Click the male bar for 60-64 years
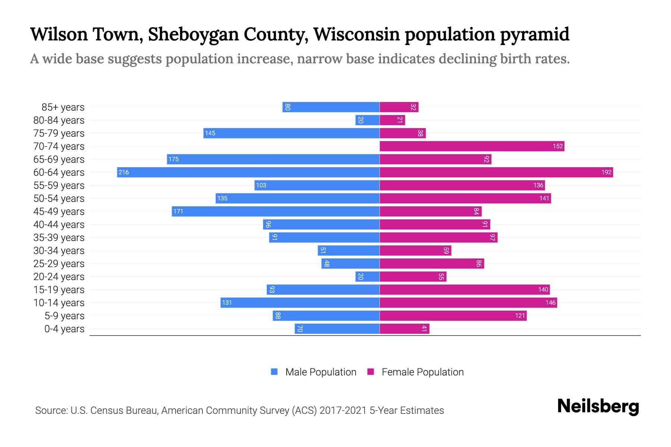point(248,172)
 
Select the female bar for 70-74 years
point(472,146)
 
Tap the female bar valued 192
point(496,172)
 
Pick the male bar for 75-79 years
point(292,133)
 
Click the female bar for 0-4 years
point(404,329)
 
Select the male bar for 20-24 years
point(367,276)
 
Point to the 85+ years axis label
point(63,107)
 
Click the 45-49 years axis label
point(59,212)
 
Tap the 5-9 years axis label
point(64,316)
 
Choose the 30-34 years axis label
point(59,251)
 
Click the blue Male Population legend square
point(274,372)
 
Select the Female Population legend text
point(422,372)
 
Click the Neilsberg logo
point(598,406)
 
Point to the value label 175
point(173,159)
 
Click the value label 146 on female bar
point(550,303)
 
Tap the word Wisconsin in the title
point(356,34)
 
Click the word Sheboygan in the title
point(193,34)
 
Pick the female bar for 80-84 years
point(392,120)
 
